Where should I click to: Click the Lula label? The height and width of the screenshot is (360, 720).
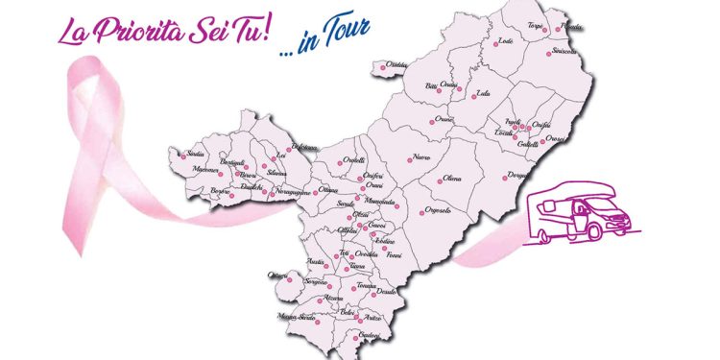tap(483, 94)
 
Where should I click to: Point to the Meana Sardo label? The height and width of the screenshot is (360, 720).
tap(297, 316)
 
